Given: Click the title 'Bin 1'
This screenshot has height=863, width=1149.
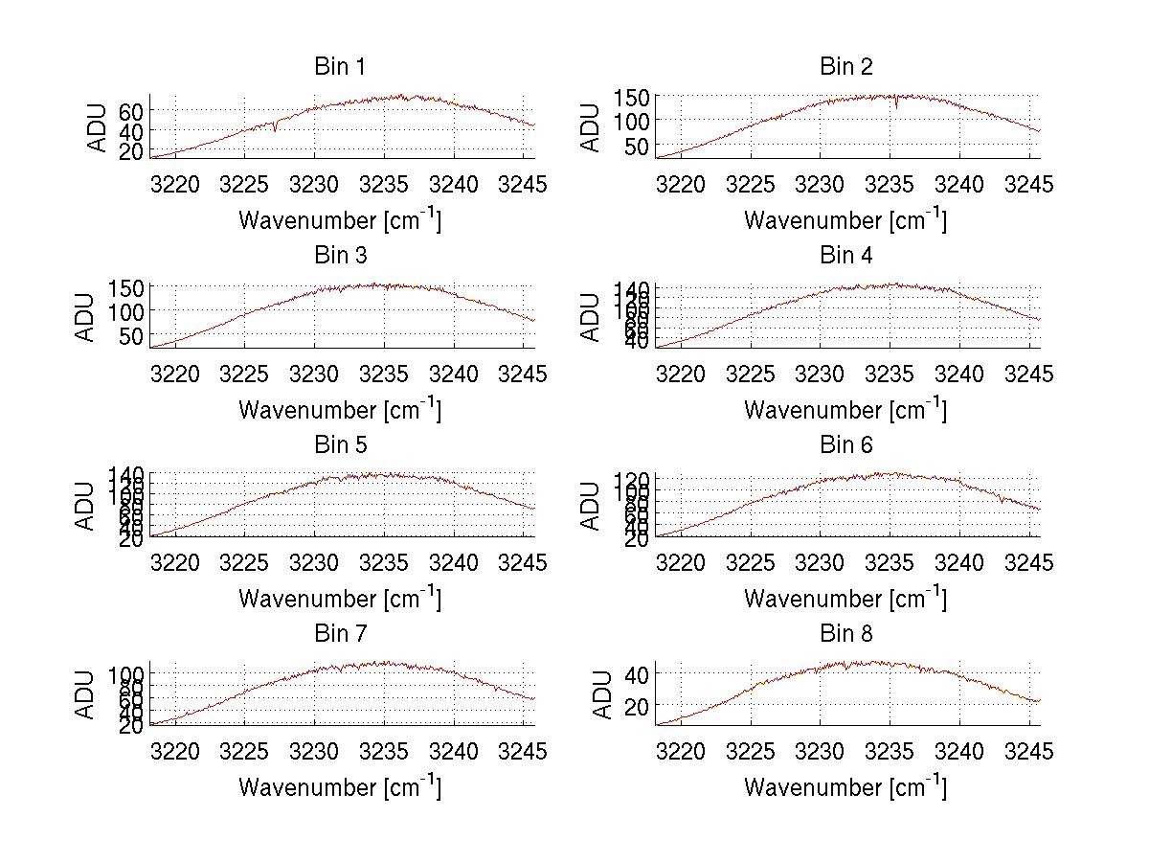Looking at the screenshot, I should click(x=340, y=66).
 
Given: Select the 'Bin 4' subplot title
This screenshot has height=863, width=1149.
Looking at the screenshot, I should click(x=846, y=255).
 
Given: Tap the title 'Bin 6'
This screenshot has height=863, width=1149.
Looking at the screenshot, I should click(x=846, y=444).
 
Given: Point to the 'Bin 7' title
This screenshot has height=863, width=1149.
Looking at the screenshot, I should click(x=340, y=633).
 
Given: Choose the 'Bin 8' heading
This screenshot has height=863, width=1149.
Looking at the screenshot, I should click(x=846, y=633).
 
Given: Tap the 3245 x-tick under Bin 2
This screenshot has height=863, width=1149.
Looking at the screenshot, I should click(x=1028, y=183).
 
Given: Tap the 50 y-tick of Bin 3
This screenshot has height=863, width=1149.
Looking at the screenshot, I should click(x=130, y=335).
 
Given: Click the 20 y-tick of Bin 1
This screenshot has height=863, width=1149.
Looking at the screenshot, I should click(x=130, y=151).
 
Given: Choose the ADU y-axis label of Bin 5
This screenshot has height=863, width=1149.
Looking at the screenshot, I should click(x=86, y=505).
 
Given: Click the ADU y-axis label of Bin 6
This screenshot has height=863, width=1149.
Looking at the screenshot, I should click(x=592, y=505).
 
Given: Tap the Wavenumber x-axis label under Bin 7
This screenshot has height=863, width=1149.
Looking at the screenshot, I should click(x=340, y=786).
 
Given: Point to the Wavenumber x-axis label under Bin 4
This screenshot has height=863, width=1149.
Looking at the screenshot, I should click(x=846, y=408).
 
